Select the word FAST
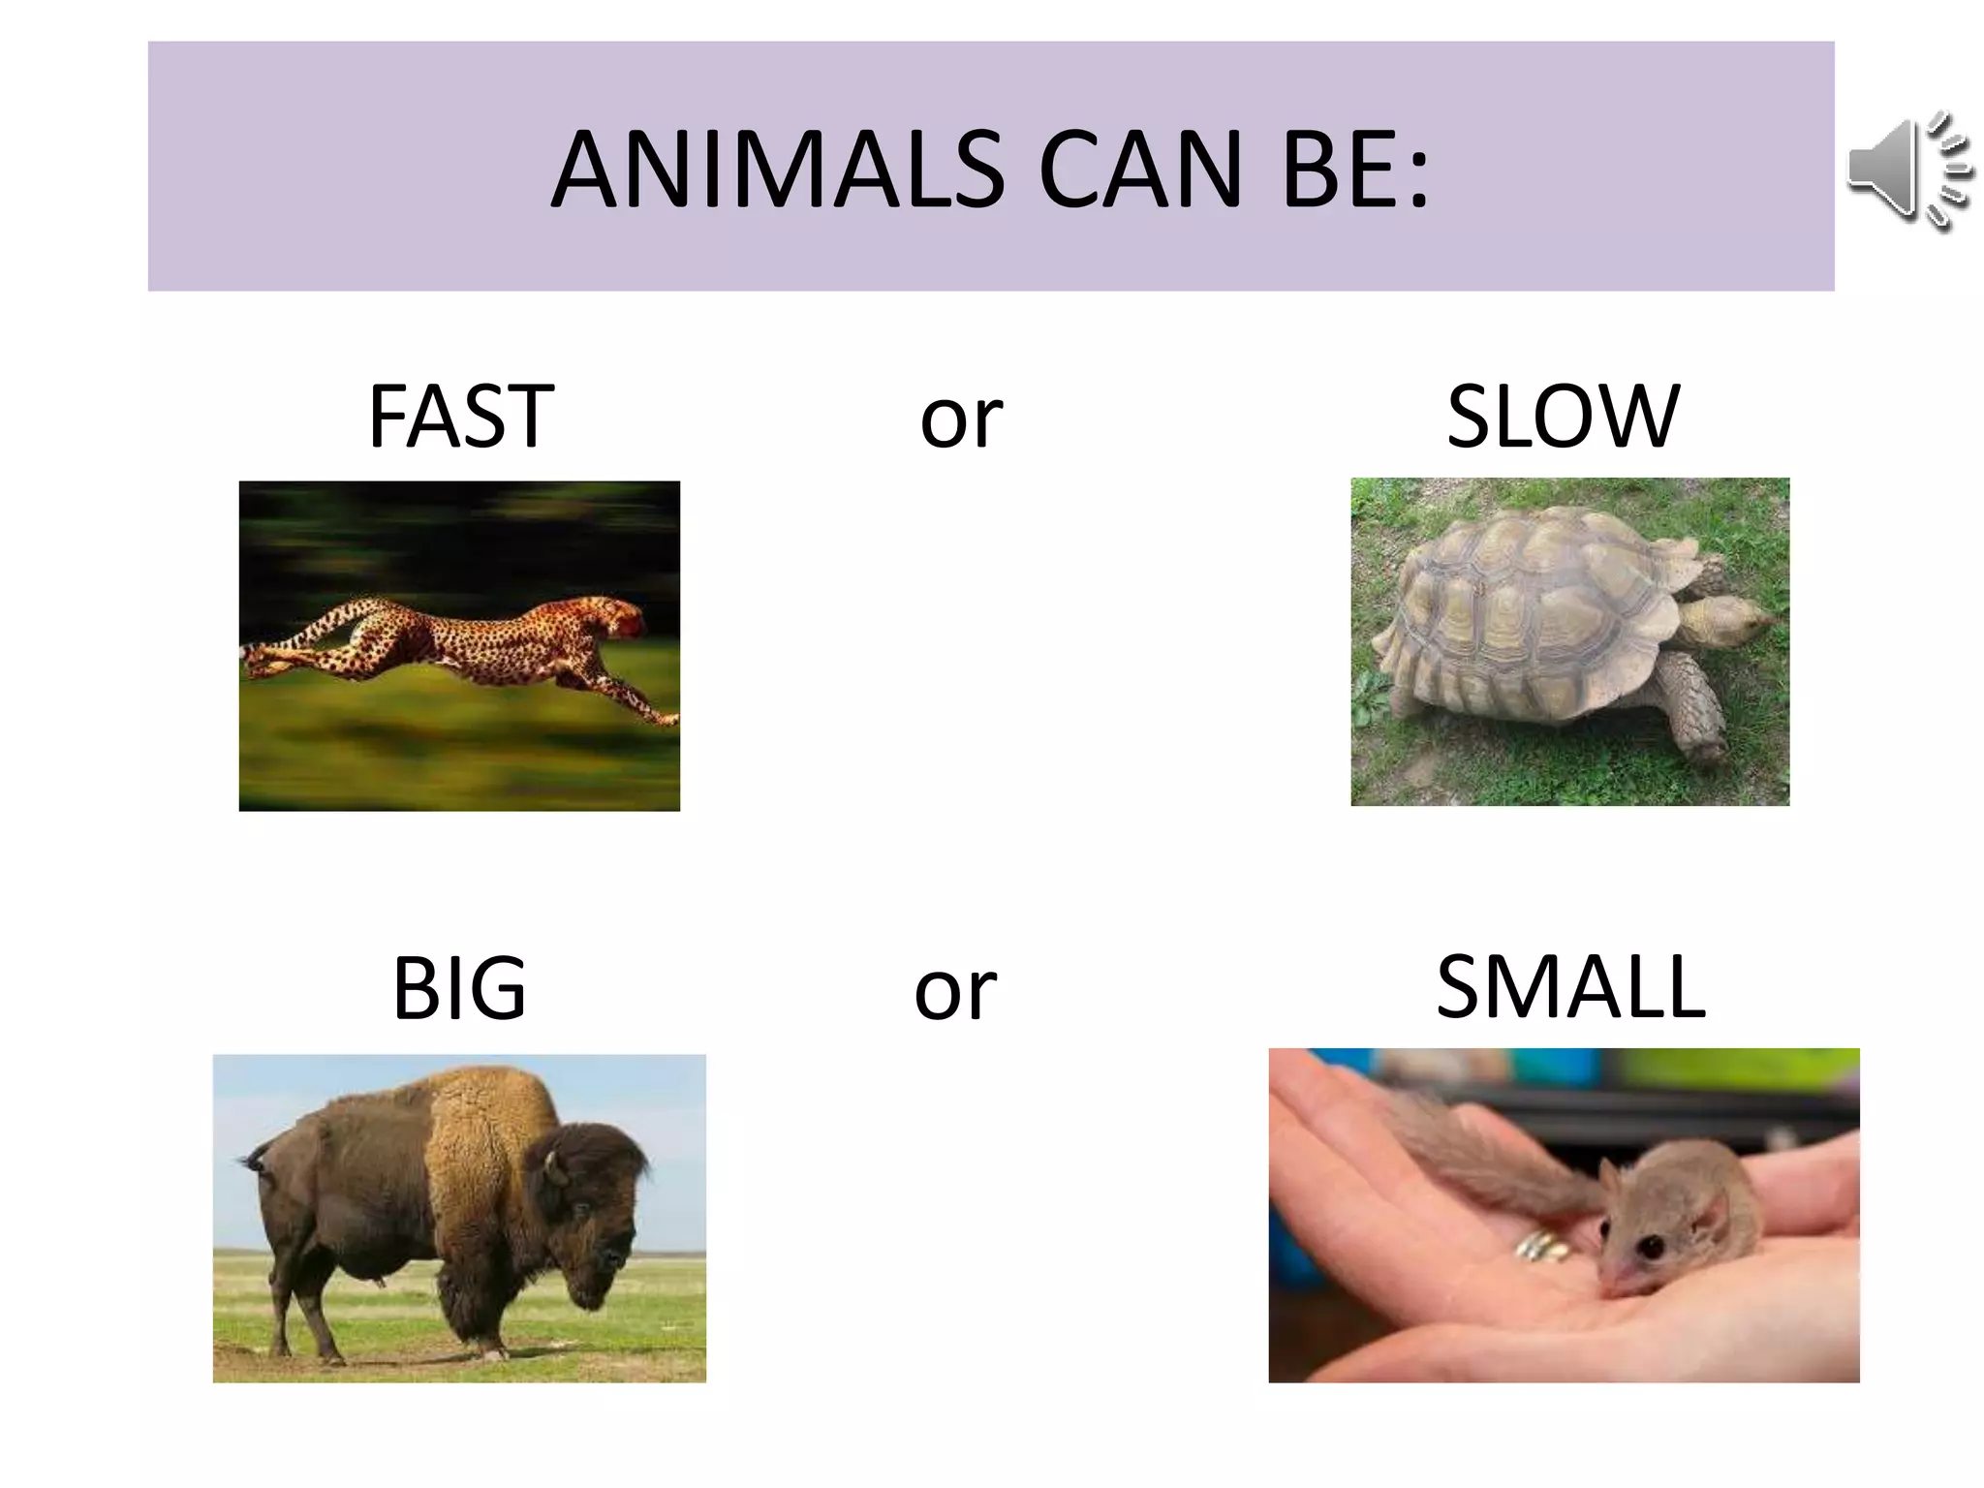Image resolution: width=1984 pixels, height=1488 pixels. [461, 417]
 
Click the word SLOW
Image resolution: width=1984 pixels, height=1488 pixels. [1563, 417]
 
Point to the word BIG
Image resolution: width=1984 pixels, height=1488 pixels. [459, 989]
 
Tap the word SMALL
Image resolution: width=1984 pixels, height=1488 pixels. [1570, 987]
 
